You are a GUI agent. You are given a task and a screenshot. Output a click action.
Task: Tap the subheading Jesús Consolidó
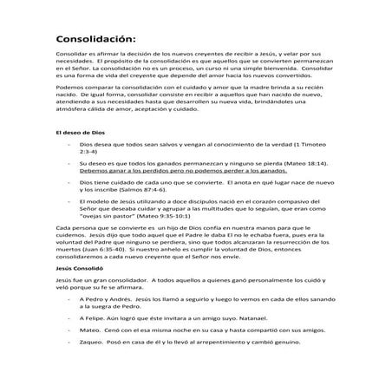coord(78,270)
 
